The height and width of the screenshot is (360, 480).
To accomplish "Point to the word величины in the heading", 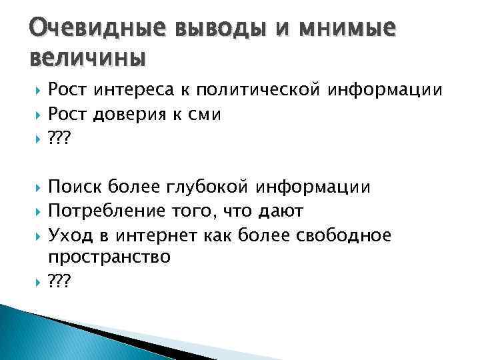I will coord(87,59).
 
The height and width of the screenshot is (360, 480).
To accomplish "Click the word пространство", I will coord(109,257).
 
